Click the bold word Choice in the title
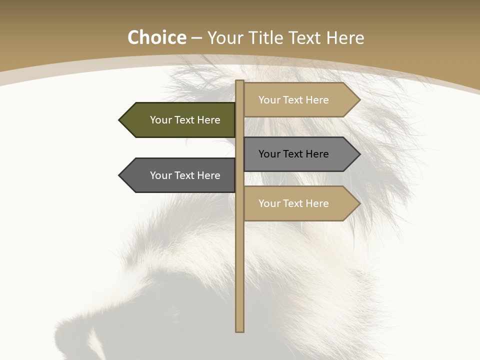pos(156,37)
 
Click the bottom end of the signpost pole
pos(239,329)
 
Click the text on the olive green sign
pos(185,120)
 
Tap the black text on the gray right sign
pos(293,154)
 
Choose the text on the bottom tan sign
pos(293,203)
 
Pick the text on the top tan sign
pos(293,100)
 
